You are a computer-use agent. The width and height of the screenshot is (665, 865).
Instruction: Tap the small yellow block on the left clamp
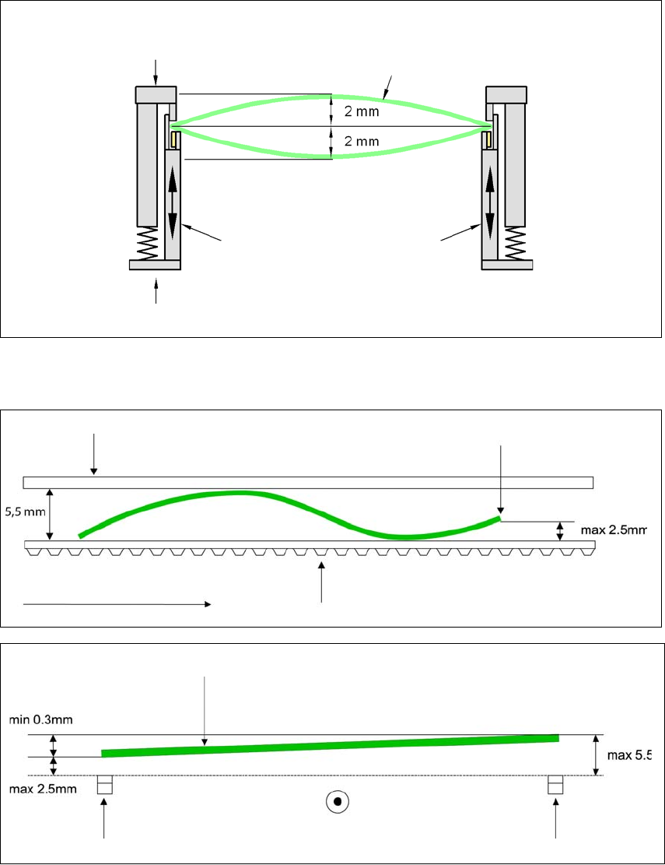(x=176, y=139)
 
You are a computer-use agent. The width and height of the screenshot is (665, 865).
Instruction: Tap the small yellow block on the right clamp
(x=486, y=139)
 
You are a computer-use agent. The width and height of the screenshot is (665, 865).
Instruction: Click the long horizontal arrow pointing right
(x=117, y=603)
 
